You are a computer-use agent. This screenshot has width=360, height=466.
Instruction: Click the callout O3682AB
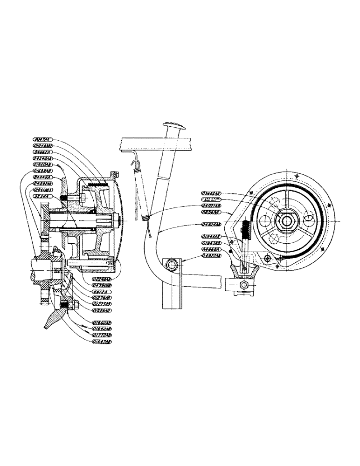212,192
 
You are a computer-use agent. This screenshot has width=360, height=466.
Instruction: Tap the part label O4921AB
212,206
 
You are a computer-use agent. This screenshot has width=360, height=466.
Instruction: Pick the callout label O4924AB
212,225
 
